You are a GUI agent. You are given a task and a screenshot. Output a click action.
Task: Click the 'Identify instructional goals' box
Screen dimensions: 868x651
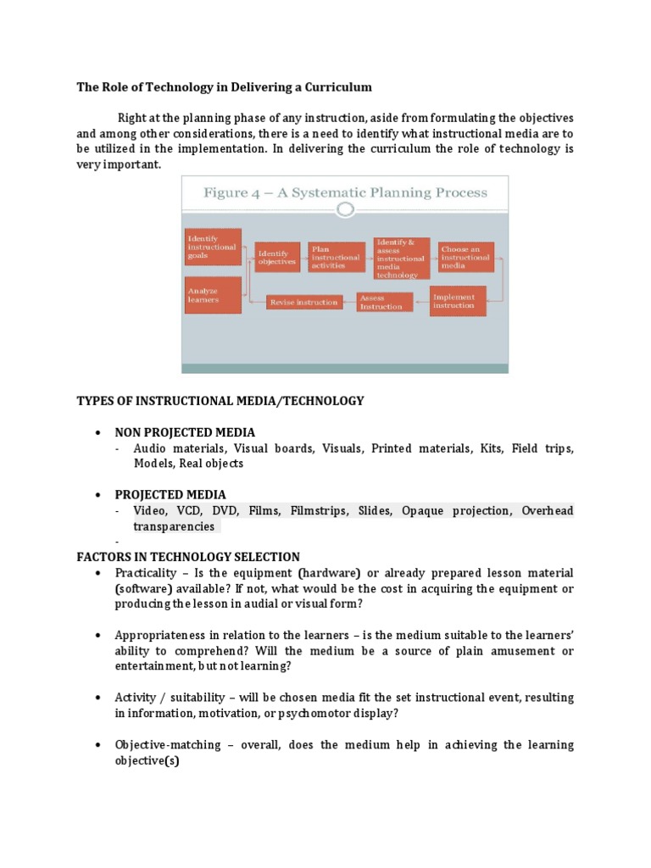coord(213,247)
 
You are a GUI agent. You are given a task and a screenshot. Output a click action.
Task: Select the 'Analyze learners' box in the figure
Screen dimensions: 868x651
coord(213,294)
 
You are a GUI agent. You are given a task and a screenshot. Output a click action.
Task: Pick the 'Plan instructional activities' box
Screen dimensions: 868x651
coord(335,258)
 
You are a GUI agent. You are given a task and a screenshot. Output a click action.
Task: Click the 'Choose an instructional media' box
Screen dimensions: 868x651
coord(465,258)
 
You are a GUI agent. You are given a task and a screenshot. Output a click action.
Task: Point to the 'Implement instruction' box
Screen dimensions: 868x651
coord(458,301)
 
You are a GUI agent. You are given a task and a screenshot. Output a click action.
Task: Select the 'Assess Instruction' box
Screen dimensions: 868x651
coord(384,302)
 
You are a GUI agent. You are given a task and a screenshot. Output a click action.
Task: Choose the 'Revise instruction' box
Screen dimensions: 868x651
coord(303,301)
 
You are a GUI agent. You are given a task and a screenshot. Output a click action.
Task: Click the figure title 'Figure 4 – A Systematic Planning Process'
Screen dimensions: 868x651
coord(345,192)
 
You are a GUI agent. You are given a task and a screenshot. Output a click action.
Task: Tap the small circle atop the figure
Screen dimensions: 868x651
coord(345,209)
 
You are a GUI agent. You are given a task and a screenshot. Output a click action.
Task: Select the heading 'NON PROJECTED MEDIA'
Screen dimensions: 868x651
coord(185,432)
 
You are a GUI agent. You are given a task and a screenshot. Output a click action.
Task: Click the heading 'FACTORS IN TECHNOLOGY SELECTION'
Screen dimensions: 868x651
coord(188,557)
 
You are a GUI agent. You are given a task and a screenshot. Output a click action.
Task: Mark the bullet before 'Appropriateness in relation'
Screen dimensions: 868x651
coord(98,635)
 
